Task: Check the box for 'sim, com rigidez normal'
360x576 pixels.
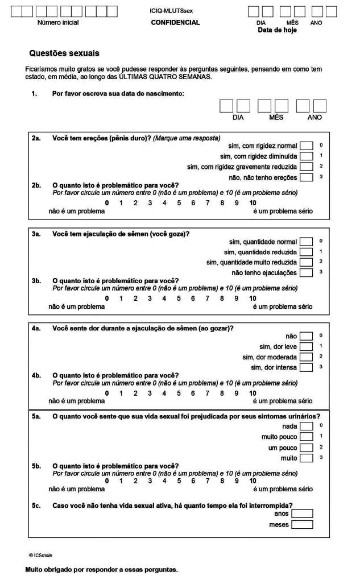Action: [306, 146]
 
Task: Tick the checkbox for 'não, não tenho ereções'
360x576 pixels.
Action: [306, 177]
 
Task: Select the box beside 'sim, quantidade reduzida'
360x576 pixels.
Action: [306, 252]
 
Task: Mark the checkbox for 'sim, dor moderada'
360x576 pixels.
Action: [306, 357]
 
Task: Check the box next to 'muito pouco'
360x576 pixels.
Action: [306, 437]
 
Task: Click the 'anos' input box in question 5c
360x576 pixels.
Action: [302, 513]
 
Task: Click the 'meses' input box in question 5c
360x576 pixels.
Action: [302, 524]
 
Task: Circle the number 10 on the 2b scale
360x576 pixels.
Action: [253, 203]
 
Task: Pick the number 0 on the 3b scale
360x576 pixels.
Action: [106, 299]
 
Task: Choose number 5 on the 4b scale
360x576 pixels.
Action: [179, 393]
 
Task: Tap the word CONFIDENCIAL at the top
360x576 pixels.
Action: [175, 23]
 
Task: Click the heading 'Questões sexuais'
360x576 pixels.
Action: [64, 53]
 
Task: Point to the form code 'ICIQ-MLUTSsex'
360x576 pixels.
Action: [175, 11]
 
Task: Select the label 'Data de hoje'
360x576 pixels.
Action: [277, 30]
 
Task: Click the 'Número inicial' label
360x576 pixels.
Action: [58, 23]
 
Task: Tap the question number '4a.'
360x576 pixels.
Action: [37, 328]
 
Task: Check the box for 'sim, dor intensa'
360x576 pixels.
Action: [306, 367]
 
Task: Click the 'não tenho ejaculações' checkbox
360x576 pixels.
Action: [306, 272]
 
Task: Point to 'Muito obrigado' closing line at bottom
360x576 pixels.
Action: [102, 569]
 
